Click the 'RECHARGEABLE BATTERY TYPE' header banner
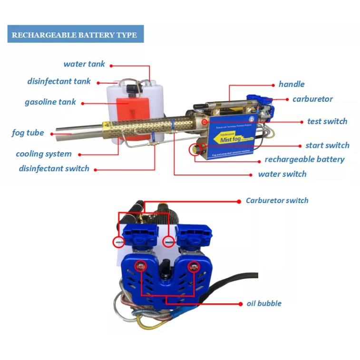pyautogui.click(x=75, y=35)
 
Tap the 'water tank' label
pyautogui.click(x=84, y=64)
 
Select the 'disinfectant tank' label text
pyautogui.click(x=59, y=81)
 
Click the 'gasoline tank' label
pyautogui.click(x=50, y=102)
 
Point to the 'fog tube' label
pyautogui.click(x=28, y=133)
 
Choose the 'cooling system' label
pyautogui.click(x=44, y=154)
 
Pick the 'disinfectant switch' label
pyautogui.click(x=54, y=168)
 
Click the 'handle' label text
pyautogui.click(x=292, y=84)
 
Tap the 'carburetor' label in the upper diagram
pyautogui.click(x=312, y=99)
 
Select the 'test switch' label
pyautogui.click(x=327, y=121)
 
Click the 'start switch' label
pyautogui.click(x=327, y=145)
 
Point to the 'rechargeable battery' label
pyautogui.click(x=304, y=159)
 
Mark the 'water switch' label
pyautogui.click(x=282, y=174)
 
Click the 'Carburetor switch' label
pyautogui.click(x=277, y=200)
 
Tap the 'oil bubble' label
pyautogui.click(x=263, y=303)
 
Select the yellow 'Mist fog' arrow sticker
pyautogui.click(x=228, y=138)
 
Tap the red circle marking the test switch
pyautogui.click(x=204, y=122)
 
